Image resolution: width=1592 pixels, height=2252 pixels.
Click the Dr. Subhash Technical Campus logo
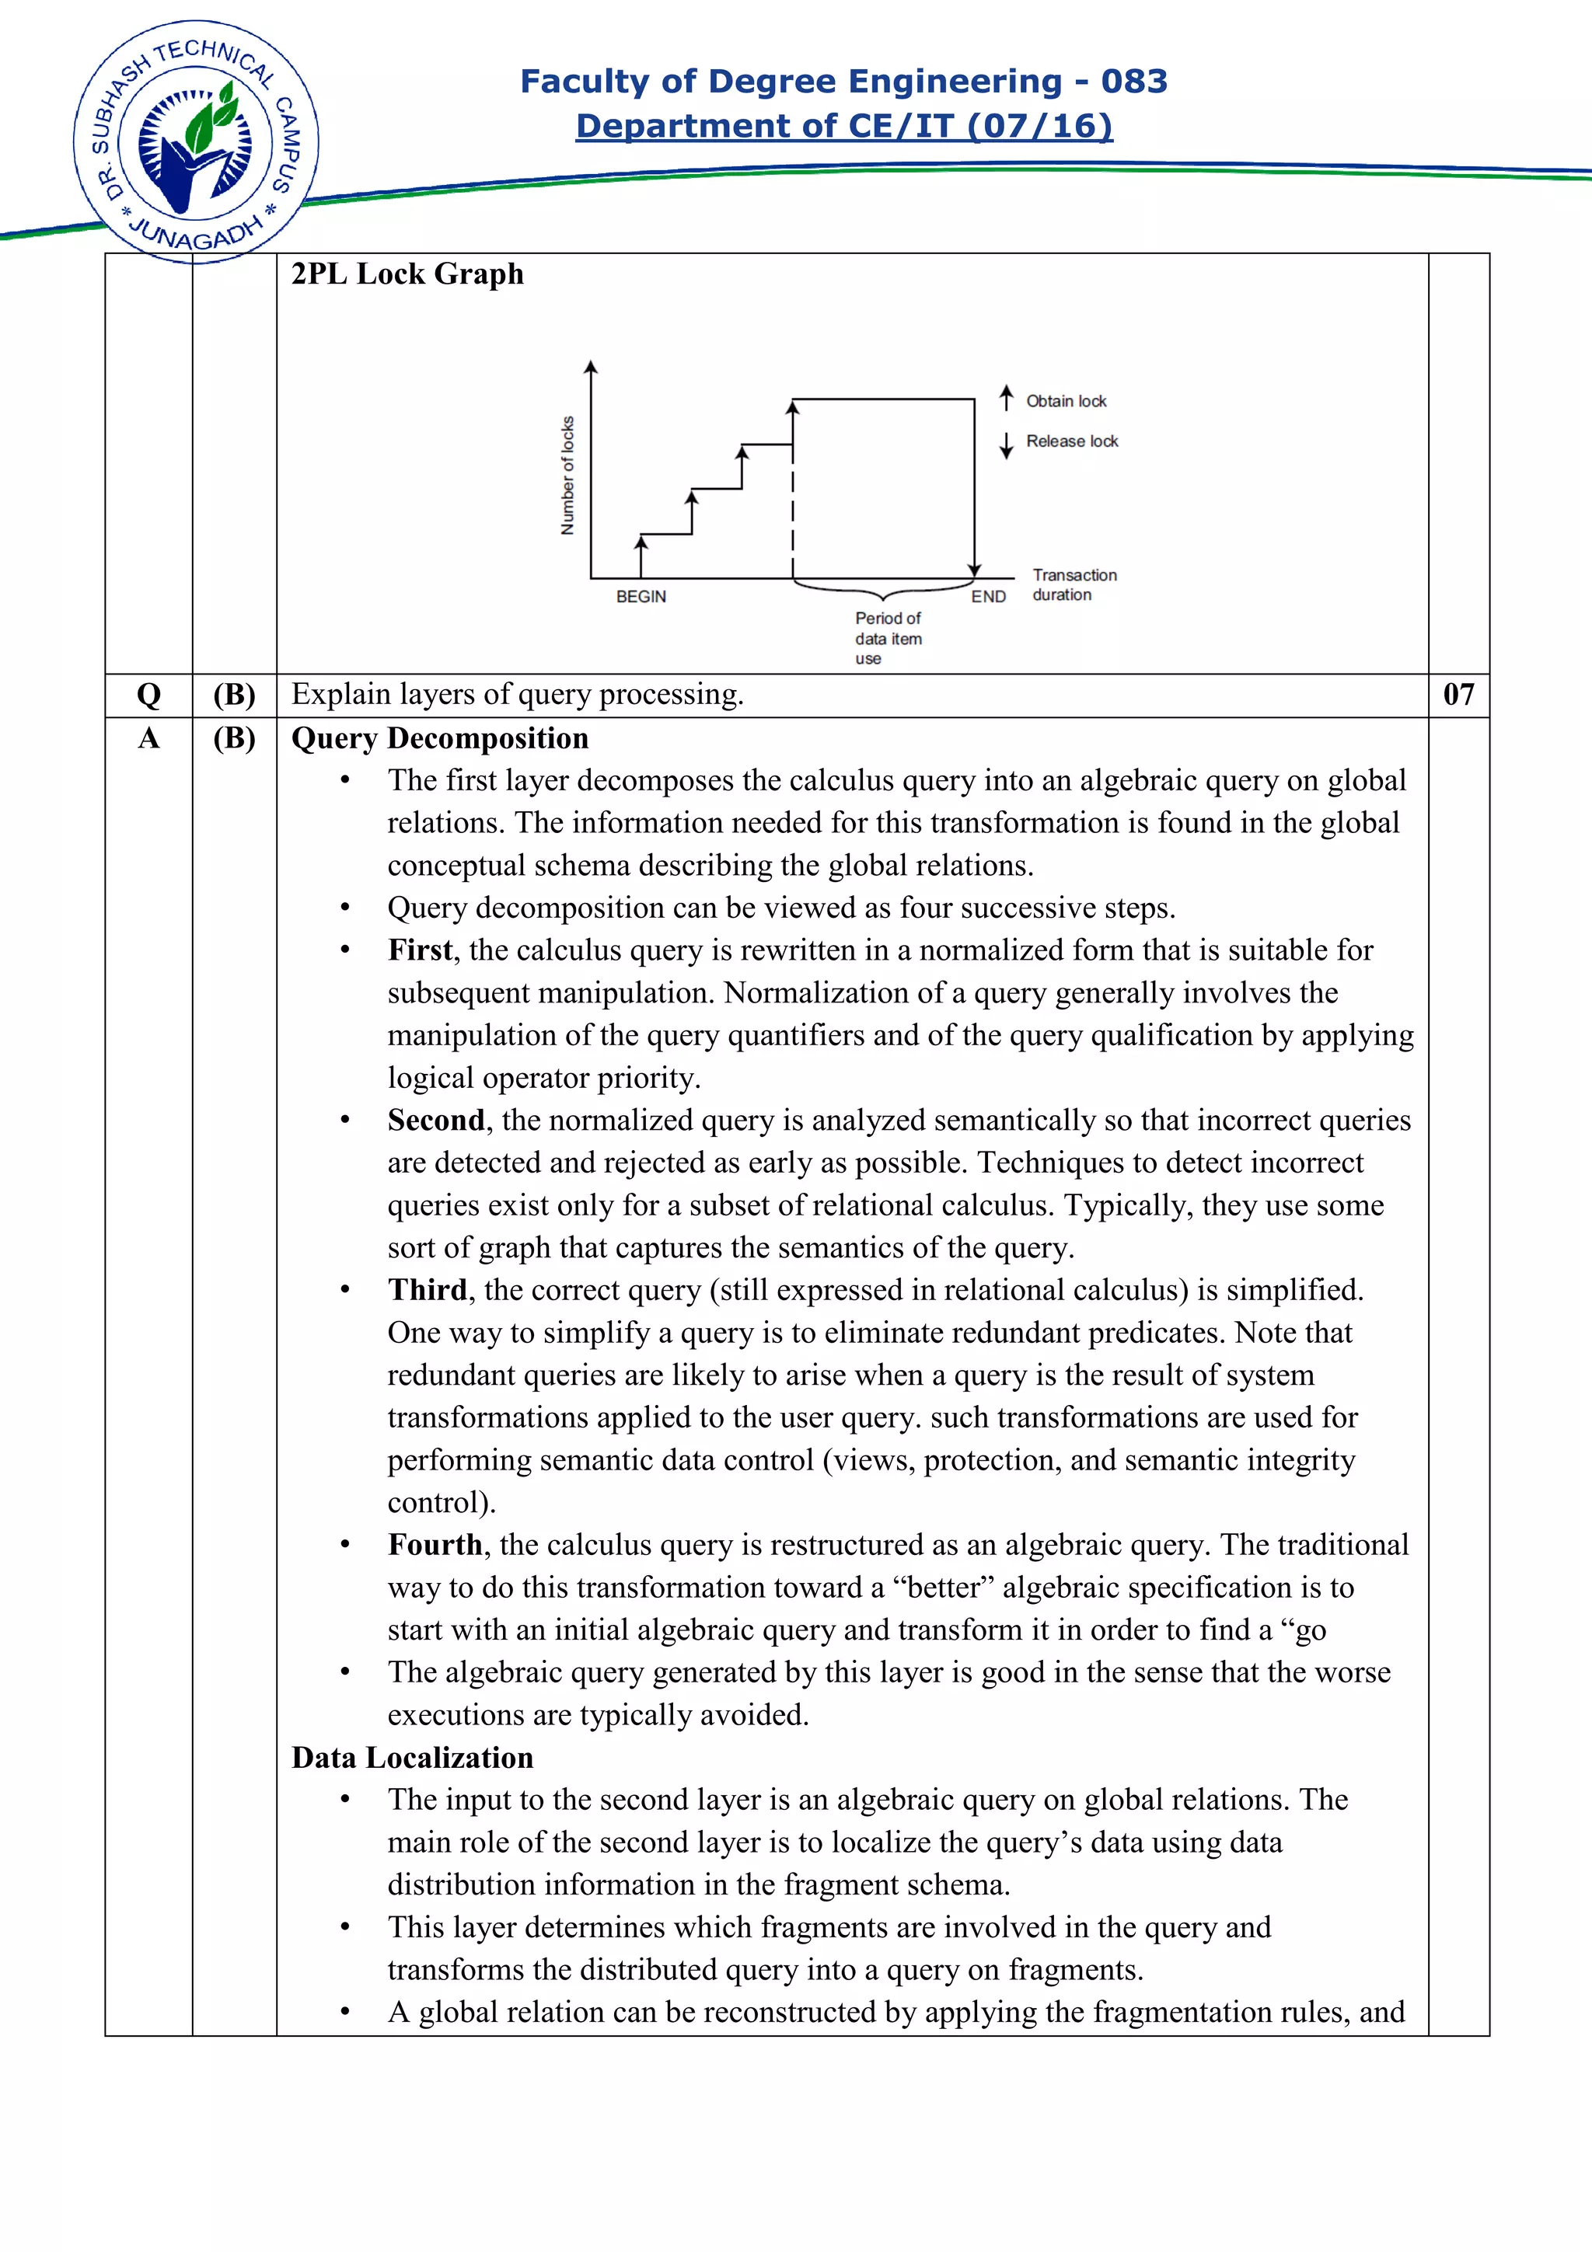[x=195, y=142]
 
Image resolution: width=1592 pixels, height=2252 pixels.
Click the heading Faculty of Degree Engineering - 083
[x=843, y=81]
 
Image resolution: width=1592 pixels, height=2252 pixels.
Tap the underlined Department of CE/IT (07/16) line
[x=843, y=126]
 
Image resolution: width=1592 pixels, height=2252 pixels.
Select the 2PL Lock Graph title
[x=407, y=274]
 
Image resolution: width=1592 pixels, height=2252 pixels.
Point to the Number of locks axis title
[x=567, y=476]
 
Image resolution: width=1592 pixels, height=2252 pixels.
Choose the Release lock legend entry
[x=1071, y=441]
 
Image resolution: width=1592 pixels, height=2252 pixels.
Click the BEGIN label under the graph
[x=641, y=596]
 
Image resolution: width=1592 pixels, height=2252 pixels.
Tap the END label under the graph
[x=988, y=596]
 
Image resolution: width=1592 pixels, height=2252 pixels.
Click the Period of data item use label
[x=887, y=637]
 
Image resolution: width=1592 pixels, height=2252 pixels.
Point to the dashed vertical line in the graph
[x=793, y=510]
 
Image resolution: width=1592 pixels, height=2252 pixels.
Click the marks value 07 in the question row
[x=1458, y=695]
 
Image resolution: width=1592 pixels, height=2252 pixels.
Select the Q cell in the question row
[x=148, y=695]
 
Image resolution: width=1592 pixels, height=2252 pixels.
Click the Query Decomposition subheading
[x=439, y=737]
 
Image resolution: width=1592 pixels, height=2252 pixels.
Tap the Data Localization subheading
[x=412, y=1757]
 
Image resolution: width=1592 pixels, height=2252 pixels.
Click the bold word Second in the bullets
[x=435, y=1119]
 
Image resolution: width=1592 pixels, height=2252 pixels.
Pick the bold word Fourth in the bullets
[x=435, y=1544]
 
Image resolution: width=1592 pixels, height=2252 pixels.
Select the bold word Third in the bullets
[x=427, y=1289]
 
